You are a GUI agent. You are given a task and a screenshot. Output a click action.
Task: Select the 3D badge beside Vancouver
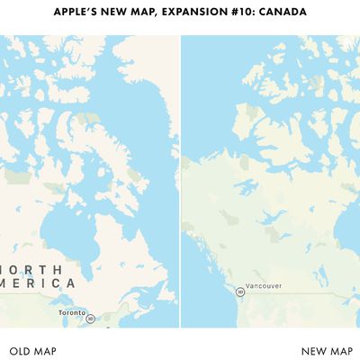point(240,291)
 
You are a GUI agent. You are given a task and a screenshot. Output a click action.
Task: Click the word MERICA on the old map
point(40,283)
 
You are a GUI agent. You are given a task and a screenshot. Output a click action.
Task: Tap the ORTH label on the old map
point(34,268)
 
